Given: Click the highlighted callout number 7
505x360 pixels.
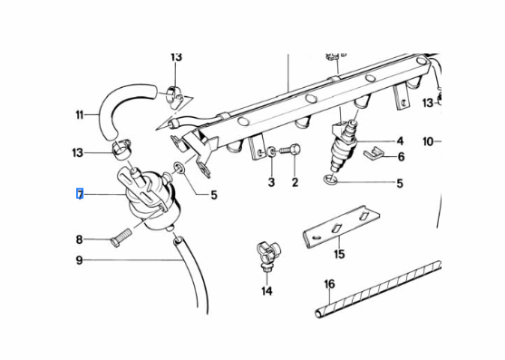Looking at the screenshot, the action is (x=80, y=194).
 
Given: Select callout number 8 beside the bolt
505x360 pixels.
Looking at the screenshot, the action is (x=79, y=239).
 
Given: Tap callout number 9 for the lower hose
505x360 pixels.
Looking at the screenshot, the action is (x=79, y=260).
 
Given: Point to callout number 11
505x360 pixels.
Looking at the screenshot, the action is (x=80, y=114).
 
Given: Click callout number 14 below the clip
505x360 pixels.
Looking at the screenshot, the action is (x=267, y=291).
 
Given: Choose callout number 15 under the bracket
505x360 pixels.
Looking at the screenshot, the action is (x=339, y=254).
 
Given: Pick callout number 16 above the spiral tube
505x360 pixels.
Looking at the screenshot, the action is (x=329, y=284).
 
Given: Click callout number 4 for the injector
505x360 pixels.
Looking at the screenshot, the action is (x=400, y=141).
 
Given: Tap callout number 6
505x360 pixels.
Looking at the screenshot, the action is (x=401, y=157).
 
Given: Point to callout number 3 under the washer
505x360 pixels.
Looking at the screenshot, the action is (x=271, y=182).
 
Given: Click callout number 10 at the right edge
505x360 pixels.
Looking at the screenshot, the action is (x=428, y=141).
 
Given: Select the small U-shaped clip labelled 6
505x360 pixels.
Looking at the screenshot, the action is (x=373, y=152).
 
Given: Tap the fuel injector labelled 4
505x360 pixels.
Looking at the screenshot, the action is (x=345, y=145).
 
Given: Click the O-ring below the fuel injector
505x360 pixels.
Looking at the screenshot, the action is (x=330, y=180).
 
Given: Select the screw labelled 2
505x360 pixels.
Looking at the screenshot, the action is (x=290, y=150).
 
